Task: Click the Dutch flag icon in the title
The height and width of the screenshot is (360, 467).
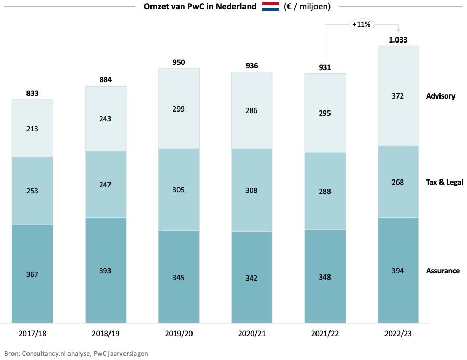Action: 270,7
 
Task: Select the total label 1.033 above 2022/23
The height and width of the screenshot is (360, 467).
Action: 398,39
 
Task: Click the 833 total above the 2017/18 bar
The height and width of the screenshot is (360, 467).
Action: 33,93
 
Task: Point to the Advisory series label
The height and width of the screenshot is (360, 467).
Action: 440,96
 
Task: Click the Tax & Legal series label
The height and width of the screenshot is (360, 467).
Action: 444,182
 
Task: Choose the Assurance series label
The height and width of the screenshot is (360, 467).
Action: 443,271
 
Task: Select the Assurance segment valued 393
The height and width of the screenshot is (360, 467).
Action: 106,271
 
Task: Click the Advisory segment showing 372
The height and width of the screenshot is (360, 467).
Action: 398,96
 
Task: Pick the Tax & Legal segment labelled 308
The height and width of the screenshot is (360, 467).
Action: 252,190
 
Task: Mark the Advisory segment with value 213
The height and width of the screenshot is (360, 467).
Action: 33,128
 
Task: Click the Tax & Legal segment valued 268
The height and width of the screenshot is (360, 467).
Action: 398,182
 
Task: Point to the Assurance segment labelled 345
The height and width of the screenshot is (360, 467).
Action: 179,277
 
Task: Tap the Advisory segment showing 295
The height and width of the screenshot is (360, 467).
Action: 325,113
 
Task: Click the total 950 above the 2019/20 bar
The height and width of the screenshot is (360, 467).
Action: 179,62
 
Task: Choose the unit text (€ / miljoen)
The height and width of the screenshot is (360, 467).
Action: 307,7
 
